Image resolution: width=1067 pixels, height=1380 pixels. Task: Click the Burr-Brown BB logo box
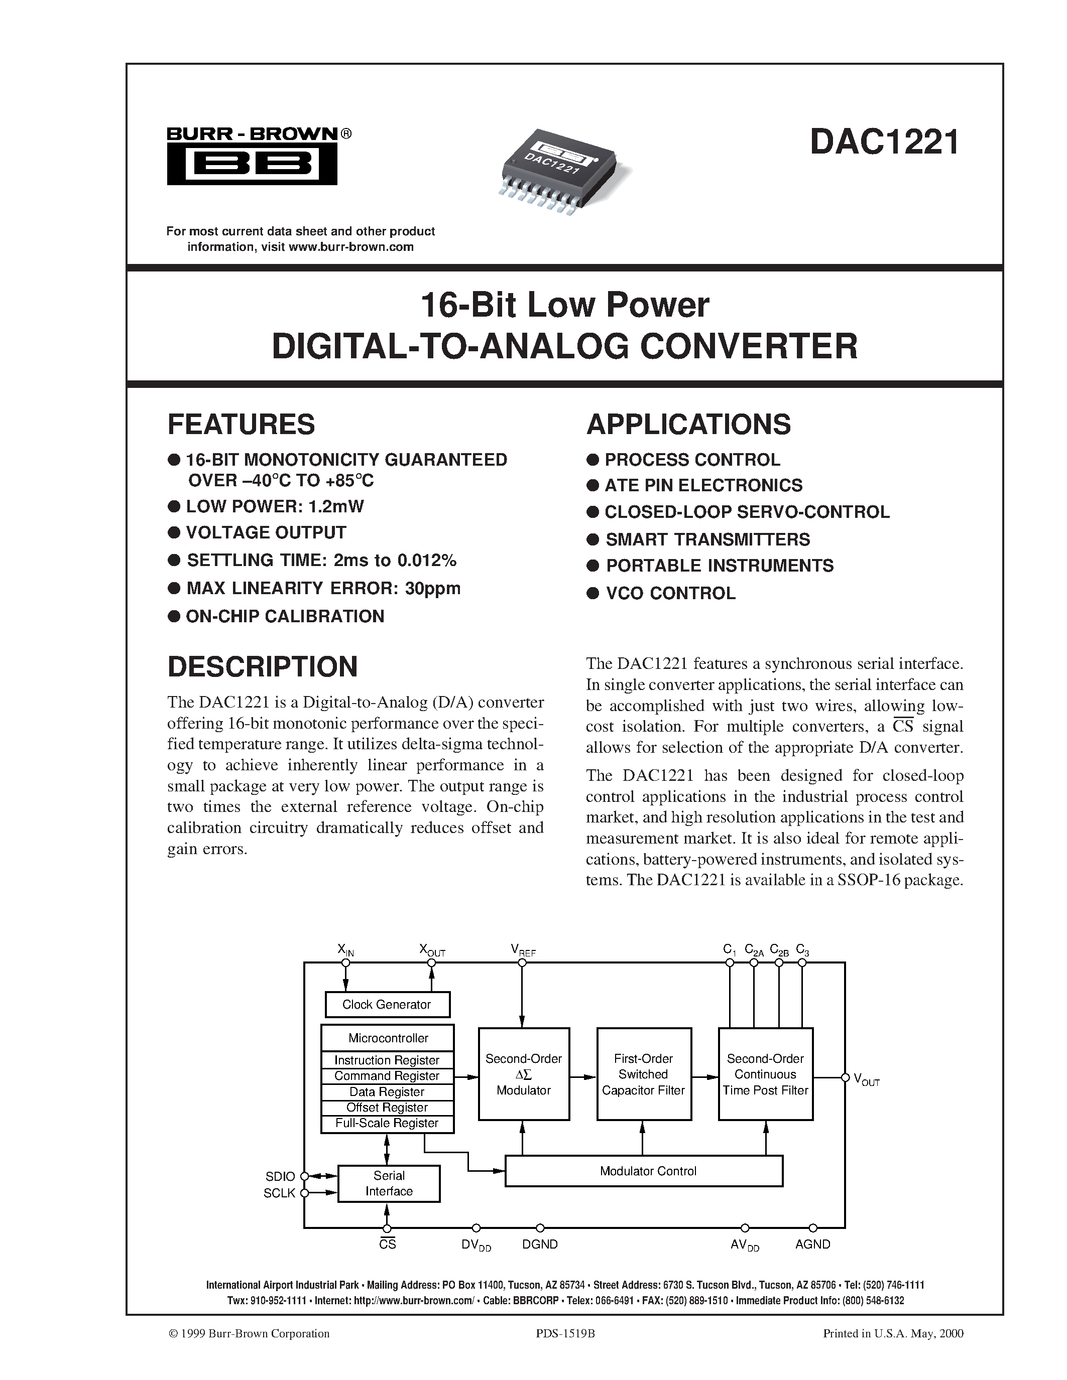click(x=252, y=164)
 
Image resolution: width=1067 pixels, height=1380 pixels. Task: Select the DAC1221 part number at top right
click(x=884, y=142)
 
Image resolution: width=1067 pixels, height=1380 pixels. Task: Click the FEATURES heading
click(x=241, y=425)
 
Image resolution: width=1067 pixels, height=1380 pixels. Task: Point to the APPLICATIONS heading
click(x=688, y=425)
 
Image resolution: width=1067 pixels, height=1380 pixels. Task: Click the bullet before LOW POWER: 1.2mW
click(x=174, y=506)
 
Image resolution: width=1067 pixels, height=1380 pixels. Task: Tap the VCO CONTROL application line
click(x=670, y=593)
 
